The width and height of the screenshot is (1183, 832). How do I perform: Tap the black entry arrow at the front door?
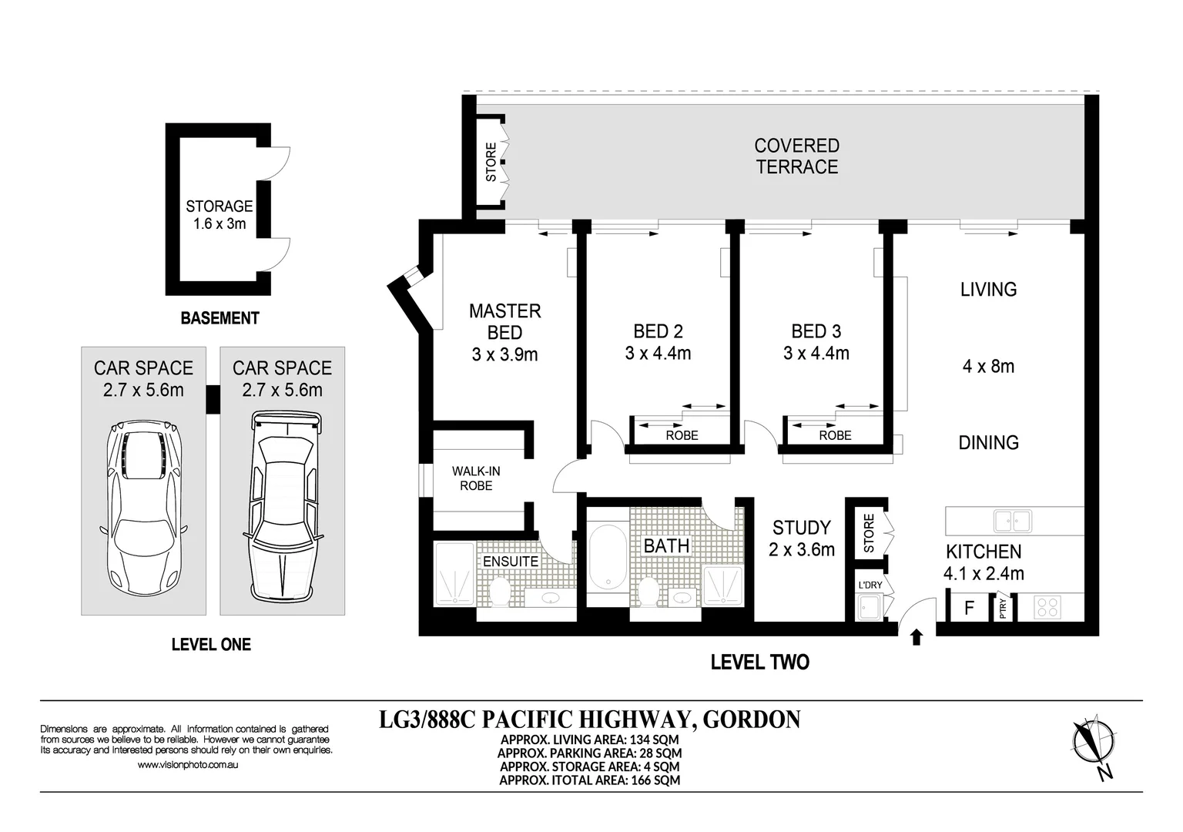click(917, 637)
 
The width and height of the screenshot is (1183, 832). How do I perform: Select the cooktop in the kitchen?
click(1047, 607)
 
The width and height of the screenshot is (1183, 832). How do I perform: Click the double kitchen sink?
click(1013, 521)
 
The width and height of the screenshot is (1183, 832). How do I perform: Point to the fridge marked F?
click(969, 608)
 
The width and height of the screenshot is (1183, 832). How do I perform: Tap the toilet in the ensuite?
click(499, 592)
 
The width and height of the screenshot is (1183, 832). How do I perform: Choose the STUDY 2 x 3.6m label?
click(802, 538)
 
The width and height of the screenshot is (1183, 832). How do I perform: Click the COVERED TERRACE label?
click(797, 156)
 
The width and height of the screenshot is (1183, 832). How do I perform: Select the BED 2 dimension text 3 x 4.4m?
click(658, 353)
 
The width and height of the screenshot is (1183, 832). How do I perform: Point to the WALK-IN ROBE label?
click(476, 478)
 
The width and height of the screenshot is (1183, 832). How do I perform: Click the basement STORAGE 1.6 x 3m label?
click(220, 214)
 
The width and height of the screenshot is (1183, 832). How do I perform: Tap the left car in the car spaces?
click(143, 508)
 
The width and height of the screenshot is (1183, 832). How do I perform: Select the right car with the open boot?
click(283, 508)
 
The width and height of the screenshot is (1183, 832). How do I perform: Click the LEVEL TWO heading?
click(759, 662)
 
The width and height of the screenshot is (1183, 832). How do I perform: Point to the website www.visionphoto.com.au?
click(187, 764)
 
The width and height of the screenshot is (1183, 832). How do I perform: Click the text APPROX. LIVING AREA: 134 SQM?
click(589, 740)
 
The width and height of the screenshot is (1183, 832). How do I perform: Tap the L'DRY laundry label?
click(870, 585)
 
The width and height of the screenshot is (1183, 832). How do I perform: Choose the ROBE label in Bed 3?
click(835, 435)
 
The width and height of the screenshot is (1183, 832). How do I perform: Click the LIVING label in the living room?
click(988, 290)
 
